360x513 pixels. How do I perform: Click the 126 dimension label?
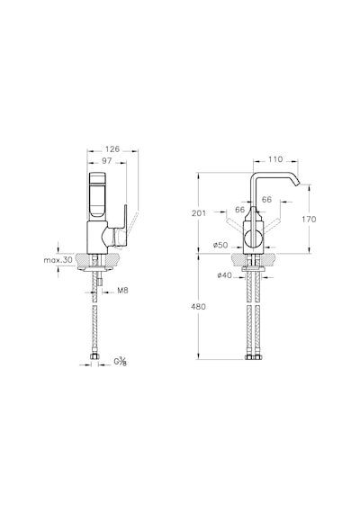(112, 149)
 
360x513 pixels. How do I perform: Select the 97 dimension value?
(107, 160)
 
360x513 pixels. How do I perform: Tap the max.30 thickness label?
(58, 260)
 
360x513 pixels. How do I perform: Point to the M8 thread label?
(122, 291)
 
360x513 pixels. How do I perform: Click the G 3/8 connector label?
(120, 362)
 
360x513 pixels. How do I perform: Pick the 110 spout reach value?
(275, 159)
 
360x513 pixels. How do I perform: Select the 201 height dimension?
(199, 213)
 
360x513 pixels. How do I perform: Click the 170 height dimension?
(310, 219)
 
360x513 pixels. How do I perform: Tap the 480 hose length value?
(199, 307)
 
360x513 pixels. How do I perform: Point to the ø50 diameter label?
(220, 245)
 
